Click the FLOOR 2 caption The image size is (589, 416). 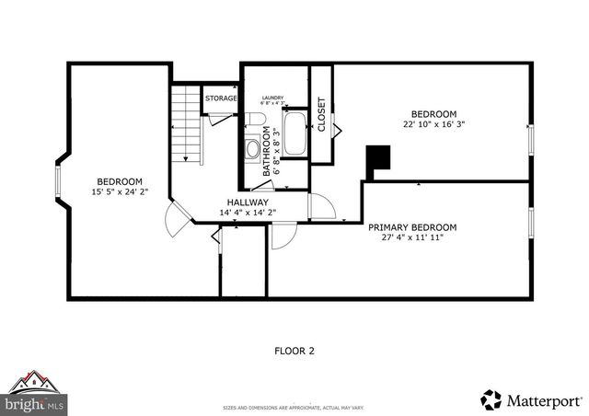tap(294, 350)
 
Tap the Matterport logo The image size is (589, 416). tap(531, 400)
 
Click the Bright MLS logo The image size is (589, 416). tap(35, 393)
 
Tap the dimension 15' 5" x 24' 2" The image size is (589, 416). tap(120, 191)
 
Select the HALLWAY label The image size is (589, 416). tap(248, 202)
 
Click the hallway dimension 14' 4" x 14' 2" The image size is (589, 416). tap(248, 213)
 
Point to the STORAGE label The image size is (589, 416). tap(221, 98)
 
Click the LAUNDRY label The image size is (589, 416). tap(272, 98)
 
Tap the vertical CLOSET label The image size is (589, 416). tap(321, 114)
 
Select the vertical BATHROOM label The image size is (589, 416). tap(268, 151)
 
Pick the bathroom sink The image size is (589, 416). tap(252, 148)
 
